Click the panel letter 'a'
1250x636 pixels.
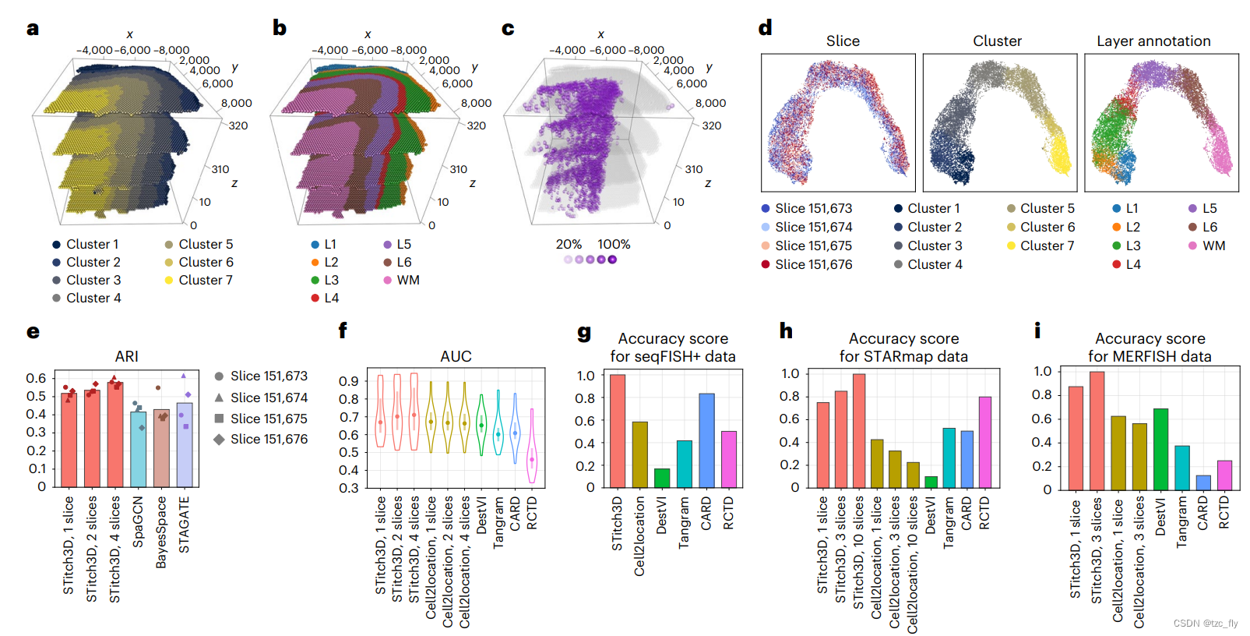pyautogui.click(x=32, y=29)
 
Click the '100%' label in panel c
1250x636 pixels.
pyautogui.click(x=614, y=244)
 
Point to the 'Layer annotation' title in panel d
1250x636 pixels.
pyautogui.click(x=1153, y=41)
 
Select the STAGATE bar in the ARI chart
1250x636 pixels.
pyautogui.click(x=185, y=444)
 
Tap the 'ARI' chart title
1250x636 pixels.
pyautogui.click(x=127, y=356)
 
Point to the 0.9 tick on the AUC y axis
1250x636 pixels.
pyautogui.click(x=348, y=381)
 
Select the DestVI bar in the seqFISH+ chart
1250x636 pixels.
pyautogui.click(x=662, y=478)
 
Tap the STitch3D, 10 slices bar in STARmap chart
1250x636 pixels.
pyautogui.click(x=859, y=430)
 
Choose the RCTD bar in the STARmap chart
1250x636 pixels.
pyautogui.click(x=985, y=442)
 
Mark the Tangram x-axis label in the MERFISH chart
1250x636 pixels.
pyautogui.click(x=1181, y=523)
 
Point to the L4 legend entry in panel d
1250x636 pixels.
pyautogui.click(x=1132, y=264)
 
